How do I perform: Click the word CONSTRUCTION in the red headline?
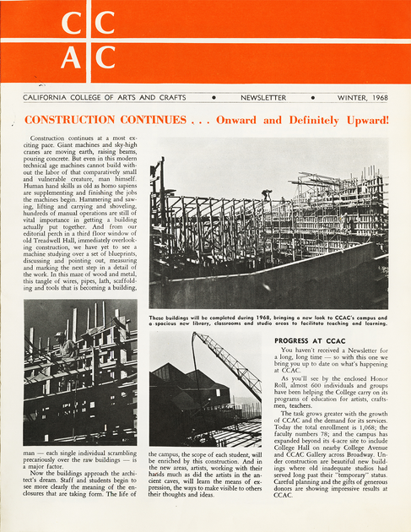pyautogui.click(x=78, y=120)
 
